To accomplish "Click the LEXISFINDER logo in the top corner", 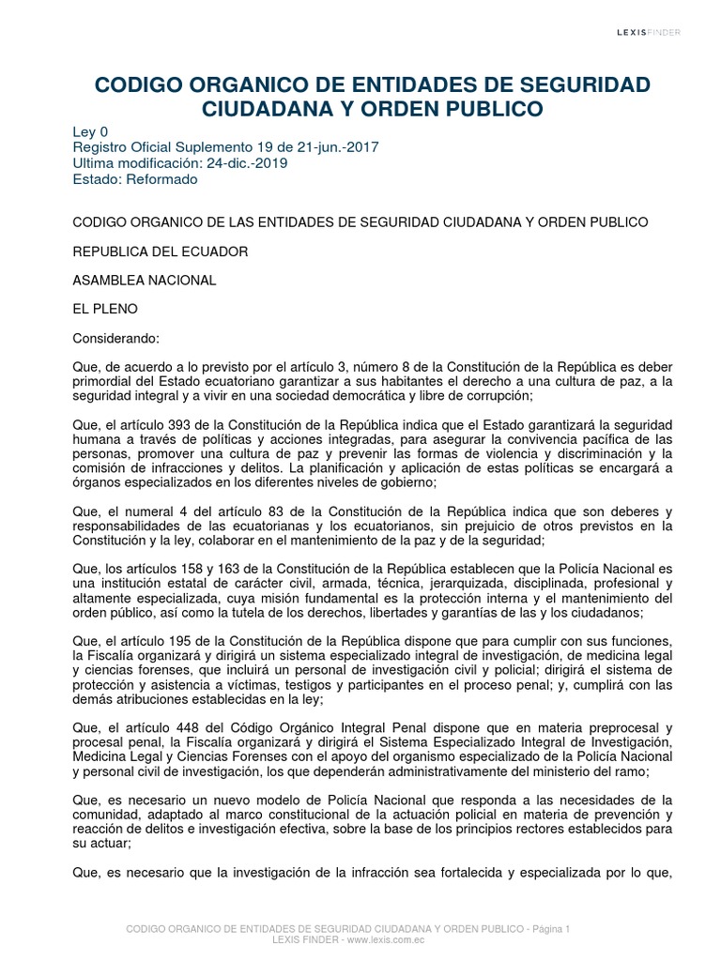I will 648,32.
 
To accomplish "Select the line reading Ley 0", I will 90,132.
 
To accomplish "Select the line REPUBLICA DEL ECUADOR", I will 161,252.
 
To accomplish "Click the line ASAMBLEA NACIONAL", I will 145,281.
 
